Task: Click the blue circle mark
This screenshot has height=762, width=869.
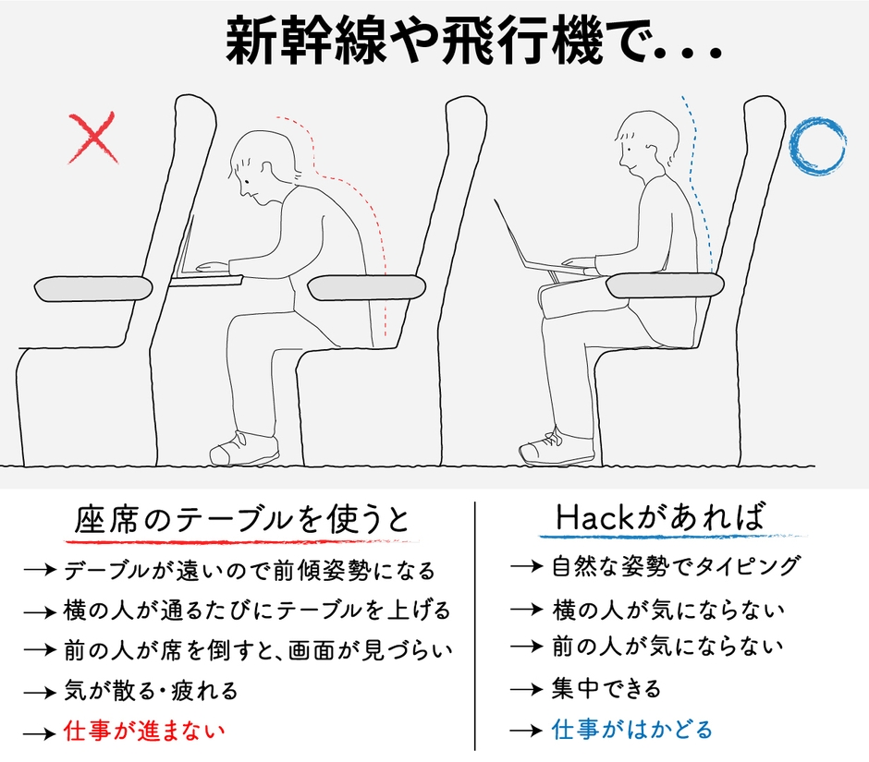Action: tap(817, 146)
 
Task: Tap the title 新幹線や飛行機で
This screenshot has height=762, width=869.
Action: tap(471, 42)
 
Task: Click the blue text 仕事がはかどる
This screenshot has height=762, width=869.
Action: tap(632, 730)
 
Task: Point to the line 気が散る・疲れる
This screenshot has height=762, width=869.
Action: tap(151, 690)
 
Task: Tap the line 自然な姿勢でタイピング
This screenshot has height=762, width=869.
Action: tap(676, 565)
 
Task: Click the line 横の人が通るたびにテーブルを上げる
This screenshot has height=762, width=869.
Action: tap(256, 611)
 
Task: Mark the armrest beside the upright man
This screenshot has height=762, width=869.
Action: tap(665, 285)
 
